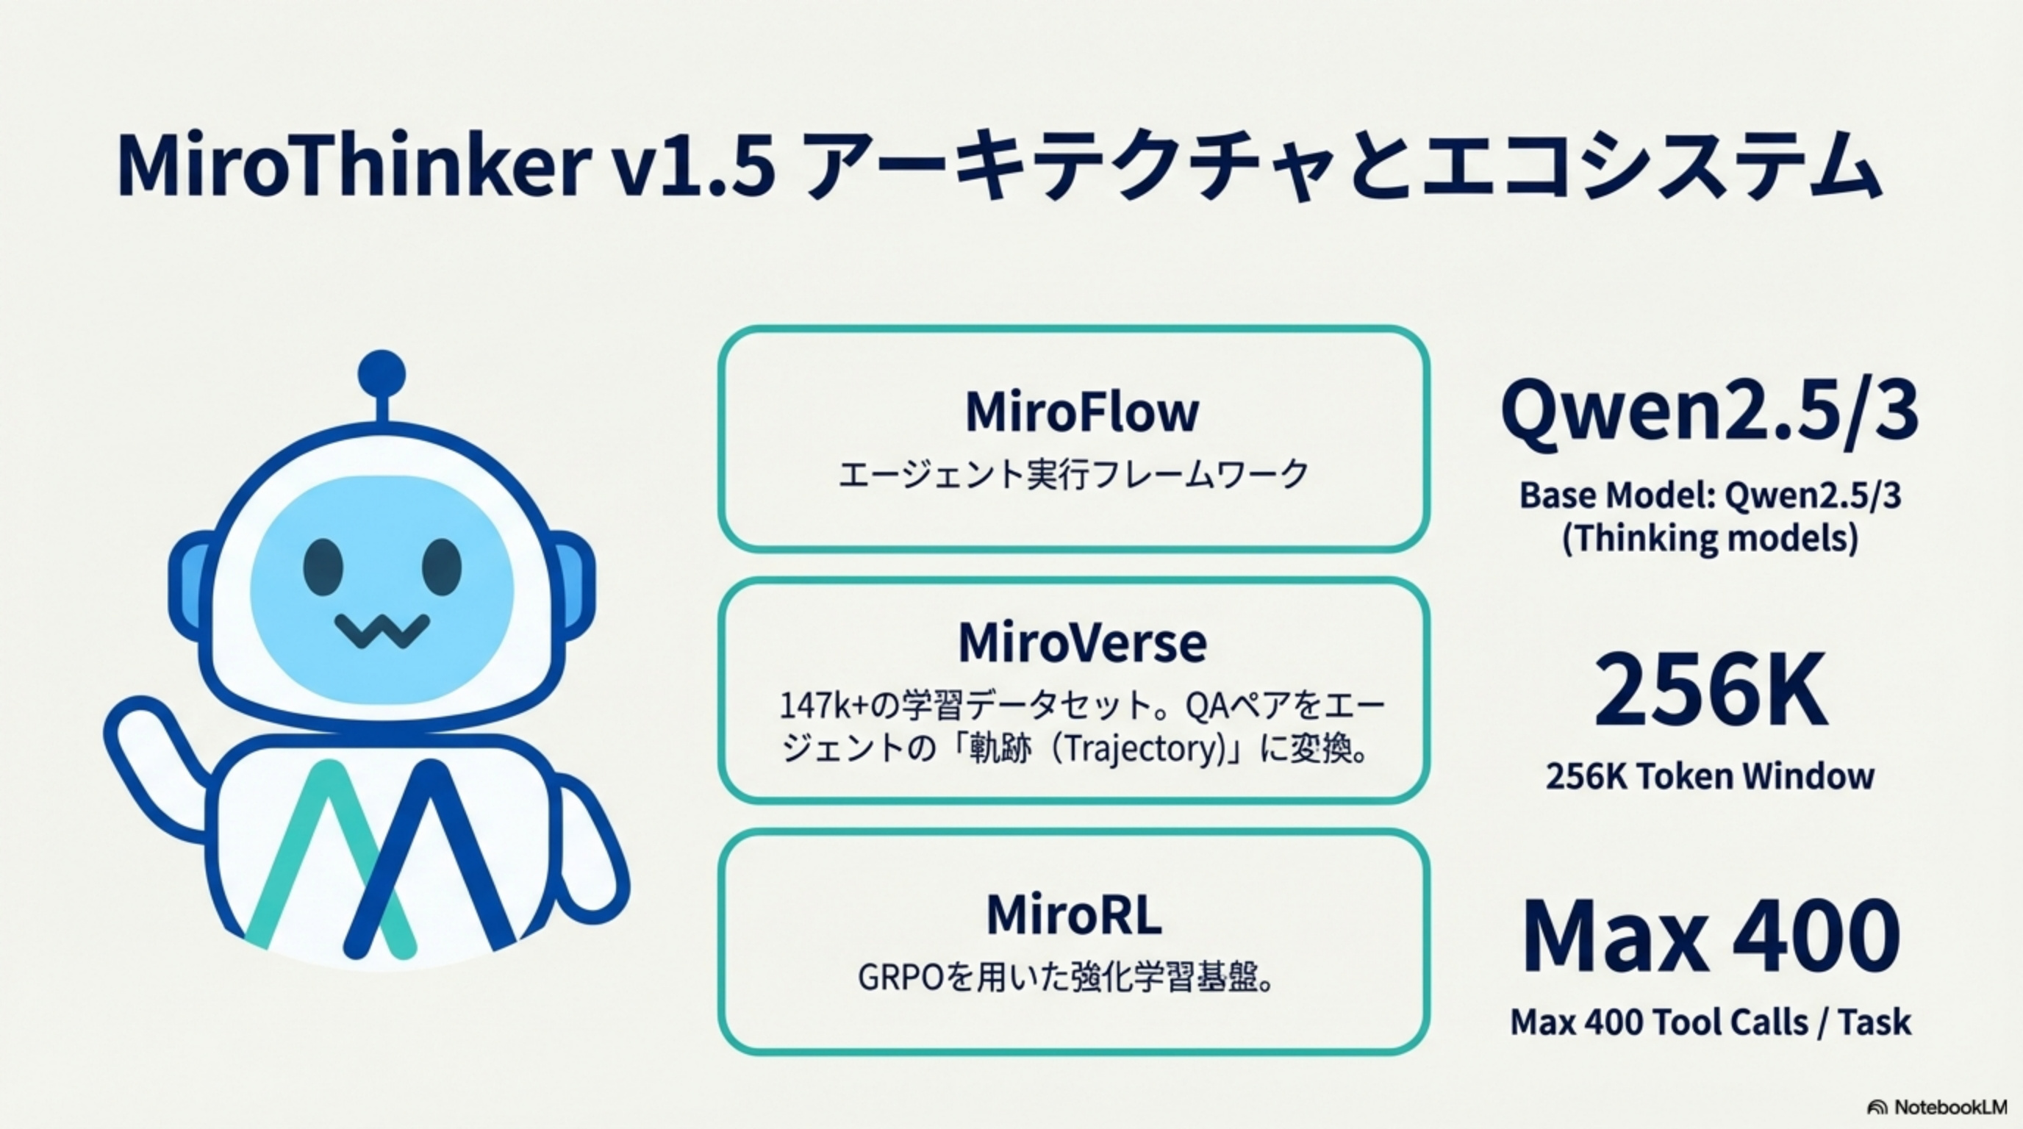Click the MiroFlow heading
[1081, 412]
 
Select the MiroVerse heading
[1081, 642]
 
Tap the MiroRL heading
[1073, 914]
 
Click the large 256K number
[1710, 691]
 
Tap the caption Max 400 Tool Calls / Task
[1710, 1022]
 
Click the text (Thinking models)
[1710, 539]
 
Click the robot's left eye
[323, 567]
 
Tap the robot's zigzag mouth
[382, 630]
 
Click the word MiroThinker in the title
[354, 166]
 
